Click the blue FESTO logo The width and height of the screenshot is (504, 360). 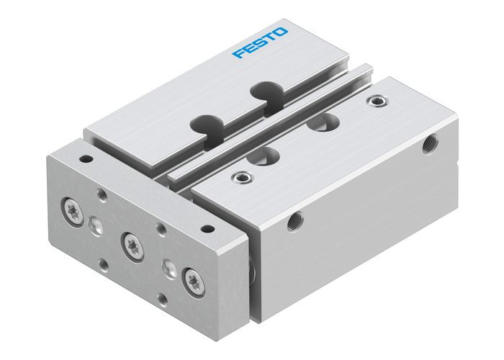[x=261, y=44]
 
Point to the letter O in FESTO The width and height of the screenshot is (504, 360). [x=282, y=34]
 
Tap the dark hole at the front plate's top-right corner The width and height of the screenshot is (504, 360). [x=208, y=228]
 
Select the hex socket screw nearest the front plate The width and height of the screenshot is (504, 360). [x=239, y=177]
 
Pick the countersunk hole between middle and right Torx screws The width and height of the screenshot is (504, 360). [x=168, y=268]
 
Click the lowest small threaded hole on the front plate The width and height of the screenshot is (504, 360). [x=161, y=298]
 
